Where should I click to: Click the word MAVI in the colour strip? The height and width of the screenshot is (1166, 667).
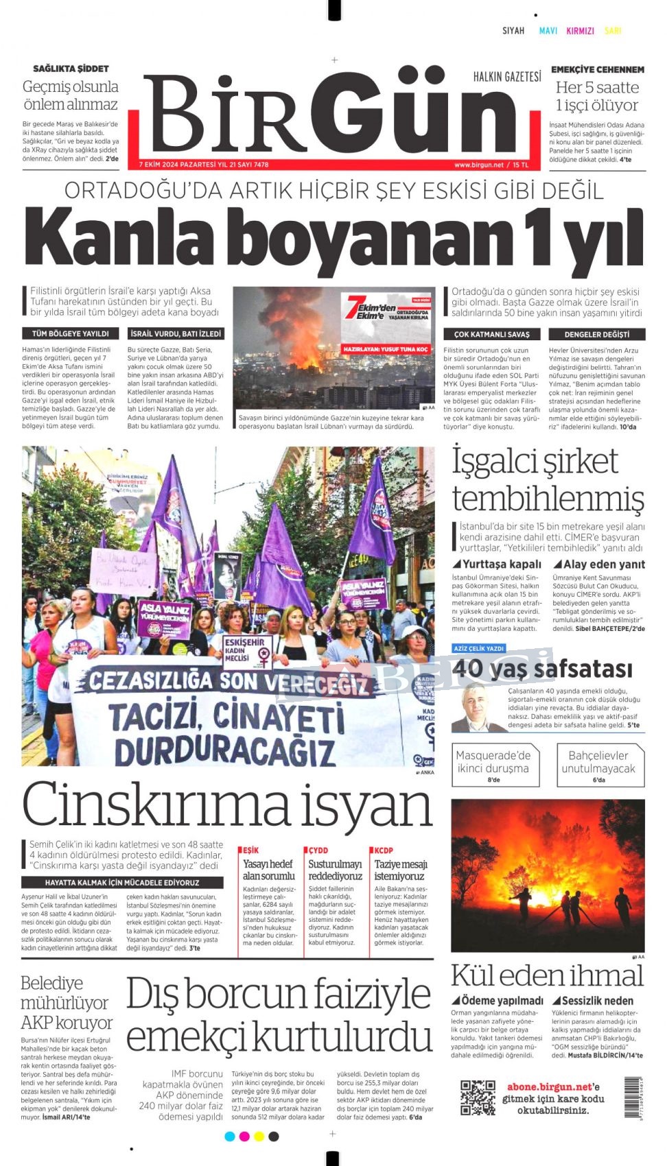pyautogui.click(x=548, y=31)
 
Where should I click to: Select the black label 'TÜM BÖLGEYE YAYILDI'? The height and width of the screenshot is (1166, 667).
pyautogui.click(x=70, y=334)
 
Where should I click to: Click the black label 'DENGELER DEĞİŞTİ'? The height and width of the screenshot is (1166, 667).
pyautogui.click(x=596, y=335)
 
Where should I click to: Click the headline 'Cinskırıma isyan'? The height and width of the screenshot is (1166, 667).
pyautogui.click(x=227, y=805)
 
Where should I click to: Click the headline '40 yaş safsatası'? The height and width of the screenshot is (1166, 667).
pyautogui.click(x=542, y=668)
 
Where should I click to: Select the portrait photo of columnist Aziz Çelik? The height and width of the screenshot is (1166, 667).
pyautogui.click(x=476, y=708)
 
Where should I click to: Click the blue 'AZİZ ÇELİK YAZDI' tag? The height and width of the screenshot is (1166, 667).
pyautogui.click(x=479, y=648)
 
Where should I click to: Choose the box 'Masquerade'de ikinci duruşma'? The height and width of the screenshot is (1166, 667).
pyautogui.click(x=493, y=764)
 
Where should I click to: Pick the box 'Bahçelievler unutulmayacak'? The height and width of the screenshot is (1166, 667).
pyautogui.click(x=599, y=764)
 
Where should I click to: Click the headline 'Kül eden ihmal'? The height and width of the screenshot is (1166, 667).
pyautogui.click(x=547, y=975)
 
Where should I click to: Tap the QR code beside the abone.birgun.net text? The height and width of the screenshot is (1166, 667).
pyautogui.click(x=478, y=1097)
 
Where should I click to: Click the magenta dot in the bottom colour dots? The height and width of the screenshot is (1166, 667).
pyautogui.click(x=244, y=1137)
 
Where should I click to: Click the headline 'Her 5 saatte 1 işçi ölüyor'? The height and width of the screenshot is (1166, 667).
pyautogui.click(x=597, y=96)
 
